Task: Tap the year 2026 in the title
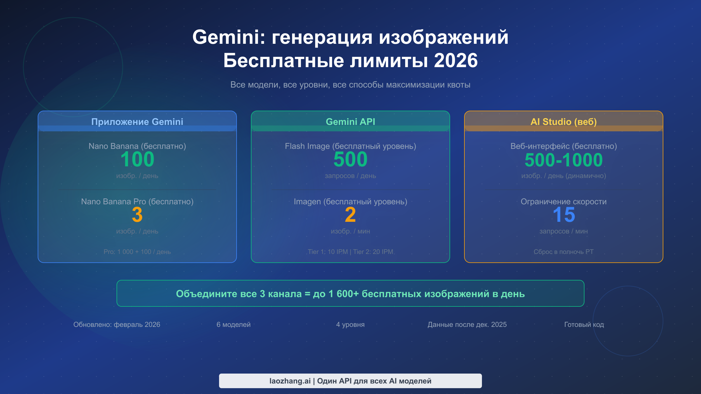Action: [456, 61]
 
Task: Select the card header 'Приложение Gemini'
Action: [137, 122]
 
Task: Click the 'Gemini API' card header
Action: [350, 122]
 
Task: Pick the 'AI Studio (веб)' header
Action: [564, 122]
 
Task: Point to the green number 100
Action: [137, 159]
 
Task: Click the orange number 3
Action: [137, 215]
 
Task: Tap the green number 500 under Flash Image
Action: [350, 159]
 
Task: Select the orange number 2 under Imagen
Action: [350, 215]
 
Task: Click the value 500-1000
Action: [564, 160]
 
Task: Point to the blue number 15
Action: [564, 215]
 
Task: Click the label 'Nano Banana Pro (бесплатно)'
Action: [137, 202]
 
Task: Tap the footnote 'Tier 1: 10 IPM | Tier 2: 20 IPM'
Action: [350, 252]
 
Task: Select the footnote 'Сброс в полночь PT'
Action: [564, 252]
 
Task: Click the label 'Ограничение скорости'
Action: [564, 202]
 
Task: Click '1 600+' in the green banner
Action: [343, 294]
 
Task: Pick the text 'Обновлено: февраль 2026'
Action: [117, 325]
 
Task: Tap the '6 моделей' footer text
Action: [234, 325]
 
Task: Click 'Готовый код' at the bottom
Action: [584, 325]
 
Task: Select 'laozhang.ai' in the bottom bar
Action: [290, 381]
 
